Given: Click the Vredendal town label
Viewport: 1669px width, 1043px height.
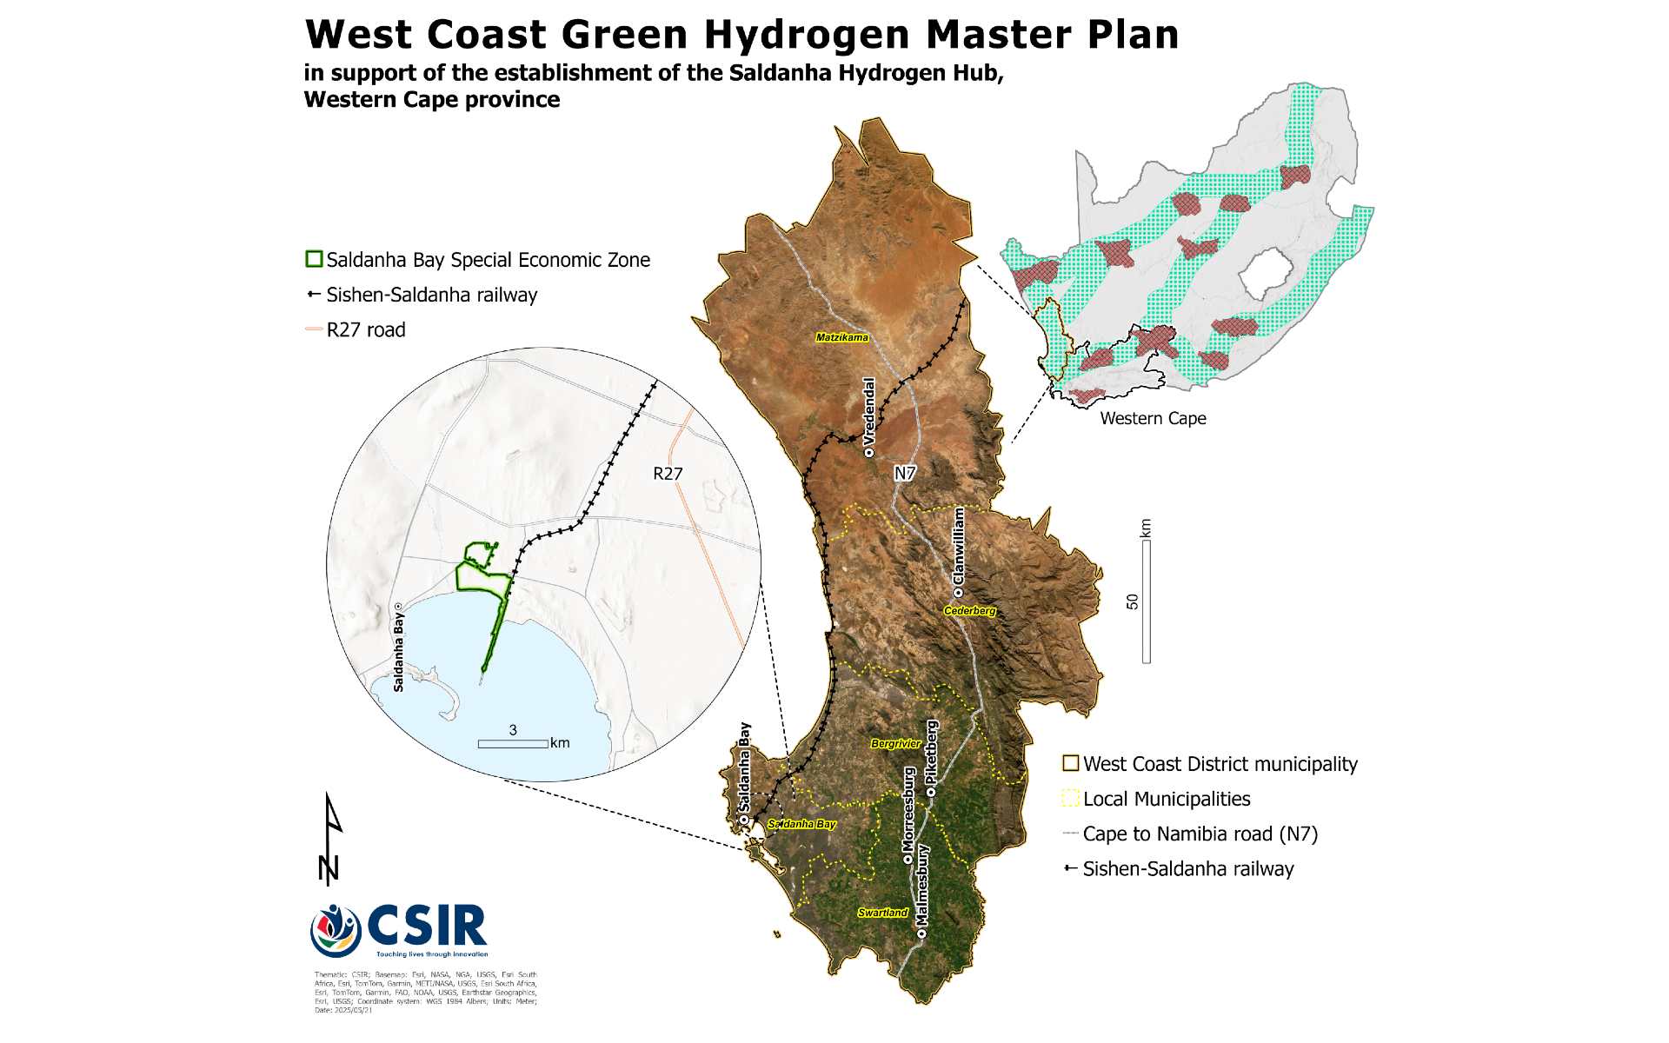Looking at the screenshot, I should coord(868,412).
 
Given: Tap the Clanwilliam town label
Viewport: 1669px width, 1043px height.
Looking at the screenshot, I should coord(959,545).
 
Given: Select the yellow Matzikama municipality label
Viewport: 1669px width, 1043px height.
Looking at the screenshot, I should coord(841,337).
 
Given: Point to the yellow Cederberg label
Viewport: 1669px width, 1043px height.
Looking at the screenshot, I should coord(969,611).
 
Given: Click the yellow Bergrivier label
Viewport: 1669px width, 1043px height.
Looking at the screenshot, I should coord(895,744).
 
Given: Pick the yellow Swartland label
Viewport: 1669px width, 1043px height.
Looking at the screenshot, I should coord(882,913).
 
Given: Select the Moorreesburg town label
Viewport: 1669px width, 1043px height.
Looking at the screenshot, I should coord(908,809).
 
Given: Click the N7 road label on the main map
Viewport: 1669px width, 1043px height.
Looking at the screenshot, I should coord(905,474).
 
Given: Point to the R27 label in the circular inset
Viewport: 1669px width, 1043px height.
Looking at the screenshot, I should coord(668,474).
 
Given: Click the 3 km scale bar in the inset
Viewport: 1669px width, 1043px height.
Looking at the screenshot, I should coord(513,743).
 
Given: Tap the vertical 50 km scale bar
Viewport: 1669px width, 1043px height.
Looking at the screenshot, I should coord(1146,601).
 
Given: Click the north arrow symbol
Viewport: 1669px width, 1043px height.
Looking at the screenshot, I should coord(330,839).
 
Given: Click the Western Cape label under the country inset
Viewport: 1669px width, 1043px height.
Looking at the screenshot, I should coord(1153,418).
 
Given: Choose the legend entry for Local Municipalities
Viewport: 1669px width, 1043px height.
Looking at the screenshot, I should coord(1166,799).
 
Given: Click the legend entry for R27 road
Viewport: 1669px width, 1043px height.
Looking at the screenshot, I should coord(365,329).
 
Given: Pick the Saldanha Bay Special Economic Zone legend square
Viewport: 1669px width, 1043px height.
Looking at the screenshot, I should coord(314,259).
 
